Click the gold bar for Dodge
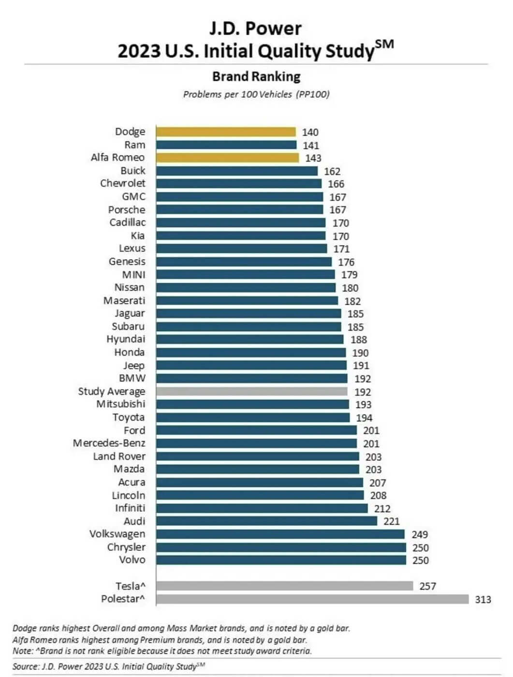point(226,132)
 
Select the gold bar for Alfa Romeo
point(227,158)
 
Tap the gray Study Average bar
point(251,392)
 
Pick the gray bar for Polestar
point(312,599)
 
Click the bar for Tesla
point(284,586)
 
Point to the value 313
point(483,600)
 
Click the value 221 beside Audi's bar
point(391,521)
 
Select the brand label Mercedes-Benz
point(109,443)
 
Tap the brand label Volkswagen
point(117,534)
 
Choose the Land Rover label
point(119,456)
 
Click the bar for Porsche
point(239,210)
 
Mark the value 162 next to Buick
point(332,171)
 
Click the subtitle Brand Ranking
point(256,76)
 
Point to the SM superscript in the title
point(384,44)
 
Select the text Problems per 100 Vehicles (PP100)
point(256,94)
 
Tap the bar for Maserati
point(247,301)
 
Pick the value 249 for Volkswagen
point(419,534)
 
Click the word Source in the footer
point(26,666)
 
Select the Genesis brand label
point(127,262)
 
